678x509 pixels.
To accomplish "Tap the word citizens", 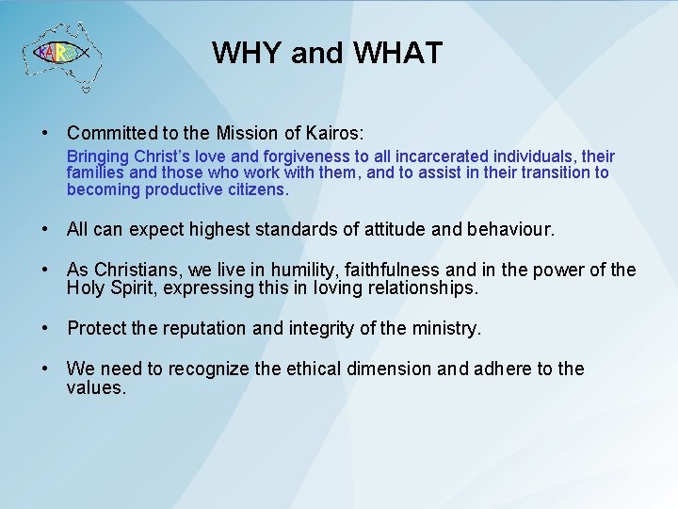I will (255, 189).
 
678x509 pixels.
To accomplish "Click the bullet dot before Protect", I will (45, 329).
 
